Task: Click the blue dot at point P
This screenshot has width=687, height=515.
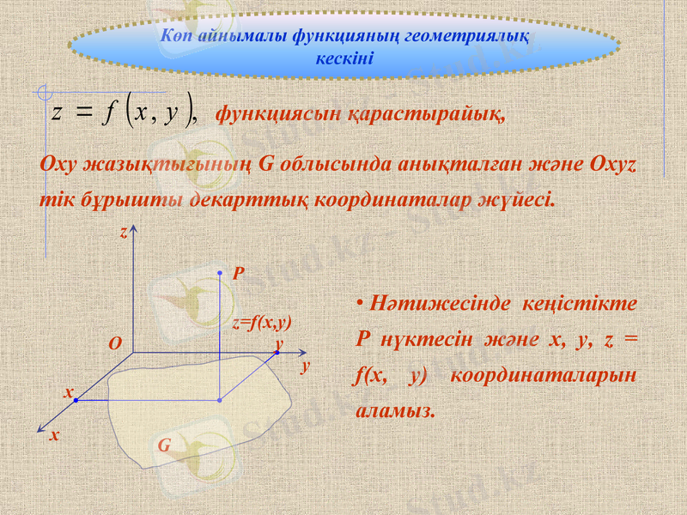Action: pos(220,272)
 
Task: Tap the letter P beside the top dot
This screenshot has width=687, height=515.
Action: pos(239,274)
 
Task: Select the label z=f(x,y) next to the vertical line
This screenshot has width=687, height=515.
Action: pos(263,323)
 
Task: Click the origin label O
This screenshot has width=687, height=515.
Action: pos(115,342)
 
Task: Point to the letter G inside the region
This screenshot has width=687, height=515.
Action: pos(164,446)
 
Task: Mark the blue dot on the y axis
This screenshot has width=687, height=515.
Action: pos(277,353)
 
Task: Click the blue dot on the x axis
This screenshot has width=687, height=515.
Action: pos(75,400)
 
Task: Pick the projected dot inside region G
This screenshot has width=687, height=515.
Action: pos(220,400)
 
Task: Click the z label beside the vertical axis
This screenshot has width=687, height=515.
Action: pos(124,233)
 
